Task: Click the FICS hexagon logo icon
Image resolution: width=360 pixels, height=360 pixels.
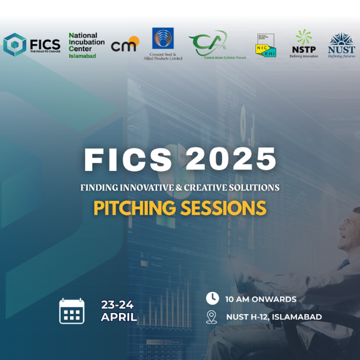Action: tap(14, 45)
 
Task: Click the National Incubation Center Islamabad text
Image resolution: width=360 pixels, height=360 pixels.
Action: tap(83, 46)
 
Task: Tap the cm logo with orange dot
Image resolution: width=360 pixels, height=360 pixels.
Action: tap(124, 45)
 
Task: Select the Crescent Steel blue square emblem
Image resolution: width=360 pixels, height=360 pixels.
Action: tap(163, 39)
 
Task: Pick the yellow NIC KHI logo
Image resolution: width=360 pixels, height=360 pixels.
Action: tap(265, 45)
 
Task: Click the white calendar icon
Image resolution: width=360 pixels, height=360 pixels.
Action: tap(72, 311)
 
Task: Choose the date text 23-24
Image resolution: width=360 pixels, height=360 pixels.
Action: tap(118, 305)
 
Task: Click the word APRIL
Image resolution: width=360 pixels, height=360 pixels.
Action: tap(118, 317)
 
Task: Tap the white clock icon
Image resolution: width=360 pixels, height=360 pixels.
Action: tap(212, 298)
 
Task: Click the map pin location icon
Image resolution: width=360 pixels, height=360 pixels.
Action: tap(211, 317)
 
